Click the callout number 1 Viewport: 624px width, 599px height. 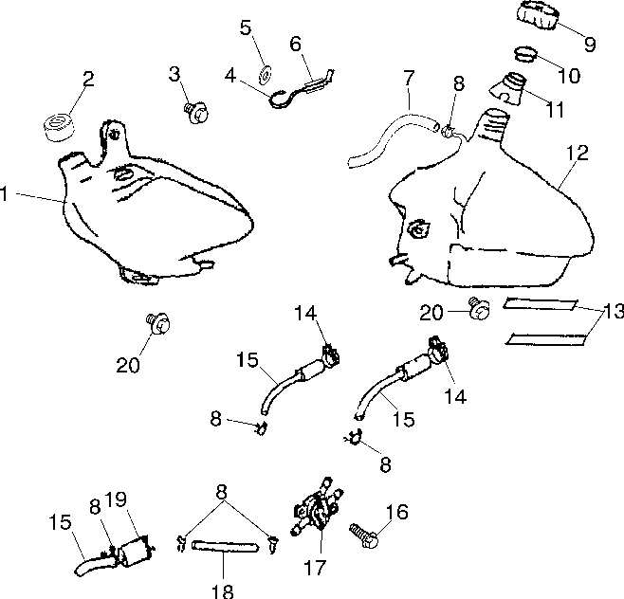pos(4,194)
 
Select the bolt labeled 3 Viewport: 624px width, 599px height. pos(196,113)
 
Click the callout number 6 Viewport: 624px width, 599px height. pos(295,44)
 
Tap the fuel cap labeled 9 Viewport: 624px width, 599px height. pos(538,15)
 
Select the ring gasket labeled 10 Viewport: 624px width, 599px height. pos(526,54)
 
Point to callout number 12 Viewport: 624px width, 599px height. pos(578,153)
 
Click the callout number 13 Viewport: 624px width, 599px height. pos(614,312)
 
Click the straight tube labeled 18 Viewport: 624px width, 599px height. pos(226,546)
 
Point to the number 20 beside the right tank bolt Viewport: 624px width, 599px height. pos(431,313)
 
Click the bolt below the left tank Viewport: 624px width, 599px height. pos(158,324)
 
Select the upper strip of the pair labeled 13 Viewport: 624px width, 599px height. pos(540,304)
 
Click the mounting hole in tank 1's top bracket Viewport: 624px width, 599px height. pos(114,134)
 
